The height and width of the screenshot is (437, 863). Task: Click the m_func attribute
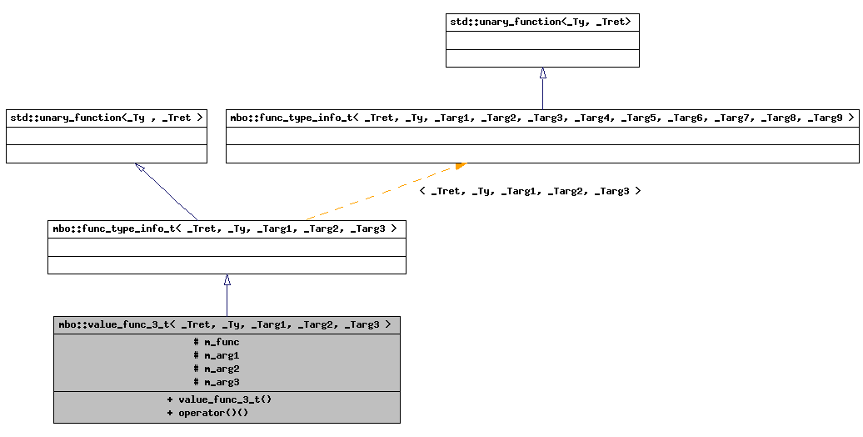[222, 342]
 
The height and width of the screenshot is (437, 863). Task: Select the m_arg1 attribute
[222, 355]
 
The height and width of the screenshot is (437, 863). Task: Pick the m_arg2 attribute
[222, 369]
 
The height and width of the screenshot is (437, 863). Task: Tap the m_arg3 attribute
[222, 382]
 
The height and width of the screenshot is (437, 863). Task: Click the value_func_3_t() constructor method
[225, 399]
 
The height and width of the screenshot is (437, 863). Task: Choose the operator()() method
[213, 413]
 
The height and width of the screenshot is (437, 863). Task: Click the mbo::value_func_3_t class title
[225, 324]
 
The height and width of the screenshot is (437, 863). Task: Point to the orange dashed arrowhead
[461, 166]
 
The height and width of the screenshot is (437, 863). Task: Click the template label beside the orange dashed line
[530, 191]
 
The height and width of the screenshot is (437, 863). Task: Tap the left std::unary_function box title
[106, 118]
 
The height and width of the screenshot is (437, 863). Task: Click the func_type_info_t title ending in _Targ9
[541, 118]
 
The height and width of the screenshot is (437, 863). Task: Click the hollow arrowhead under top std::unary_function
[542, 73]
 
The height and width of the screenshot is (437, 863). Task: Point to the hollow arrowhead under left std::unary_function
[140, 168]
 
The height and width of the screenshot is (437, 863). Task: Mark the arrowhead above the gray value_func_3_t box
[227, 280]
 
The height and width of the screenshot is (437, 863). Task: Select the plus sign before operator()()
[170, 413]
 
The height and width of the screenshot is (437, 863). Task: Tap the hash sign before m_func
[196, 342]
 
